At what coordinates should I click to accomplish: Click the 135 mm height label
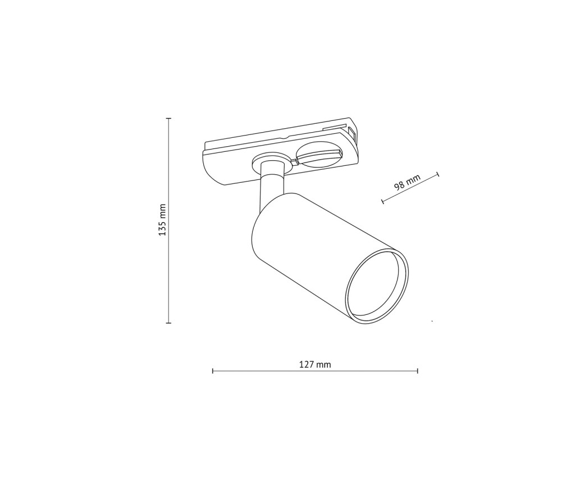point(162,220)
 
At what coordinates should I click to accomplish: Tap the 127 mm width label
point(315,364)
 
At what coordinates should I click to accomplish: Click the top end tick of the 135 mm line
point(168,118)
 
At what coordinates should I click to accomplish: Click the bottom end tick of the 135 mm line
point(168,323)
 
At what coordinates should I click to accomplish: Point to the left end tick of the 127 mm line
point(213,371)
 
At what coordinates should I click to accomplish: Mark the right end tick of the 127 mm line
point(418,371)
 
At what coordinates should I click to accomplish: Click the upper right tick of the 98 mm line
point(438,174)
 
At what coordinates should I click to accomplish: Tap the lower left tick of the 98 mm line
point(382,201)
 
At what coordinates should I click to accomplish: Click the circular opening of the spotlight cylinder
point(377,286)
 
